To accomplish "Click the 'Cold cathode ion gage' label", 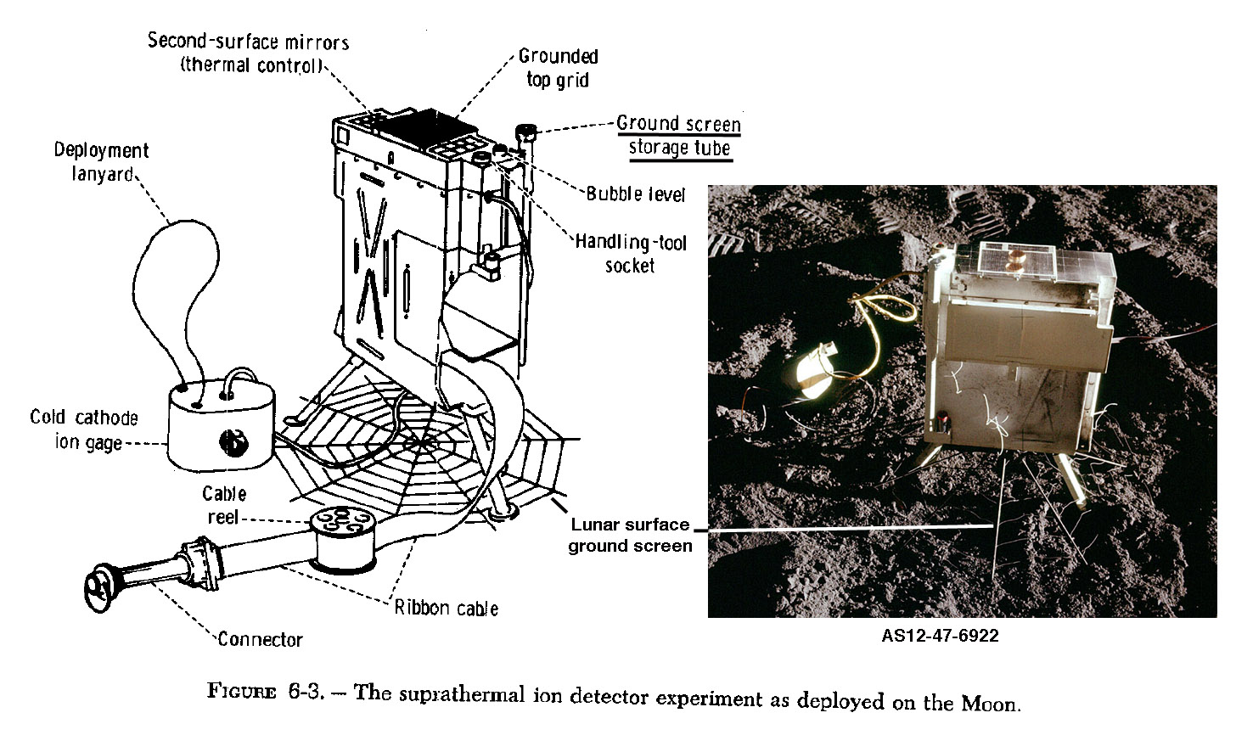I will click(x=83, y=429).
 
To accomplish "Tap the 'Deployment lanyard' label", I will click(x=101, y=162).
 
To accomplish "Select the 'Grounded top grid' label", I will click(x=558, y=68).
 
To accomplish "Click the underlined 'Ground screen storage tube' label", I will click(x=678, y=136).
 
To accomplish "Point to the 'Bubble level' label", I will click(x=635, y=194).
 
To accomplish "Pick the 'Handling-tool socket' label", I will click(x=630, y=254).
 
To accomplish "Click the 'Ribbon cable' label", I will click(x=446, y=608).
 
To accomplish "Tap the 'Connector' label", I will click(x=260, y=640).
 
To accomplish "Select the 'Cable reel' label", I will click(x=224, y=505).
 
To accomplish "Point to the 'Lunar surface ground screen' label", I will click(x=630, y=535).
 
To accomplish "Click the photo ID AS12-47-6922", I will click(x=940, y=636).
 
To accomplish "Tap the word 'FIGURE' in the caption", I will click(x=242, y=692).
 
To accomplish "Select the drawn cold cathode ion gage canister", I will click(x=221, y=424).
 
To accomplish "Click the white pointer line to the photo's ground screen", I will click(x=849, y=528).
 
